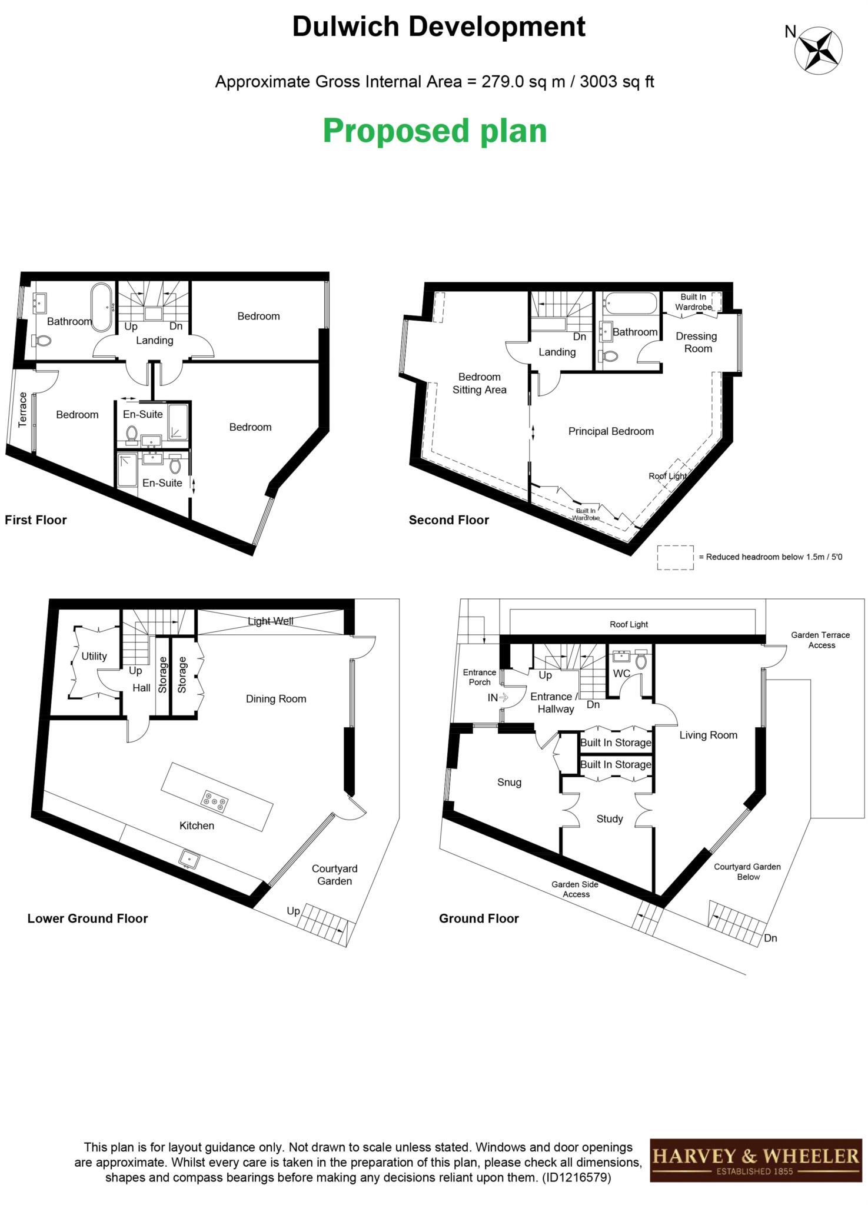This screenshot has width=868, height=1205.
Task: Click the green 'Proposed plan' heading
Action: coord(434,131)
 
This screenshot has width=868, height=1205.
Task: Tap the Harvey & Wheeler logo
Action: coord(755,1160)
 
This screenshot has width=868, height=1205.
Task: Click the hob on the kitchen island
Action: coord(215,801)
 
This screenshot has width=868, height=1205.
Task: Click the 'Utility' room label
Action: coord(94,656)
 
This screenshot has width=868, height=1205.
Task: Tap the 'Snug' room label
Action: coord(509,782)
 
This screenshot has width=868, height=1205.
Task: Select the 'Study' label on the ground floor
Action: coord(609,818)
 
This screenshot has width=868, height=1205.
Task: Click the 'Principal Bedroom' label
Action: coord(611,431)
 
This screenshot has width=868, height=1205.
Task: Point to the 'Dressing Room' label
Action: coord(696,342)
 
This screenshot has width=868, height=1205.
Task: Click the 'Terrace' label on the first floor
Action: coord(23,410)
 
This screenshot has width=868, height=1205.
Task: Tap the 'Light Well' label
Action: coord(270,621)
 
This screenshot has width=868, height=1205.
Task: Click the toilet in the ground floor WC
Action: coord(640,661)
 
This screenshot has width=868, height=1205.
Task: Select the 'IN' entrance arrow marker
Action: coord(498,698)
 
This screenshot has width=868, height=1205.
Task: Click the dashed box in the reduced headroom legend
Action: coord(675,557)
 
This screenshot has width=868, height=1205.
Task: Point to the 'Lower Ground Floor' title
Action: coord(88,918)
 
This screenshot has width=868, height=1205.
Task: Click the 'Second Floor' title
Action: coord(448,520)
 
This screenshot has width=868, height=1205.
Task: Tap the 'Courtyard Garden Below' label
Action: coord(747,871)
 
